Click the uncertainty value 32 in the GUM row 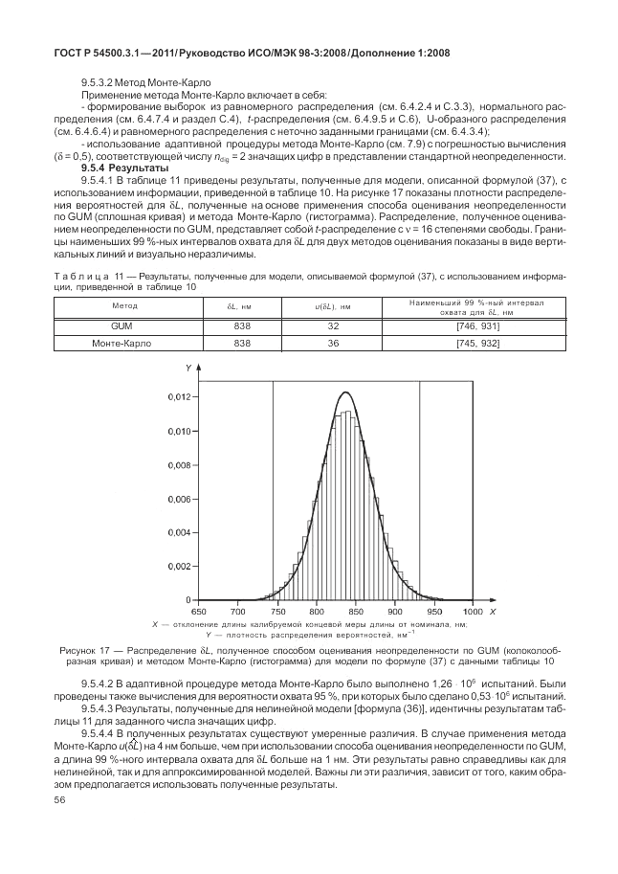click(x=334, y=326)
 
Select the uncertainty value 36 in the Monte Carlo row click(x=334, y=343)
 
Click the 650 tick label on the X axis click(x=198, y=610)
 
